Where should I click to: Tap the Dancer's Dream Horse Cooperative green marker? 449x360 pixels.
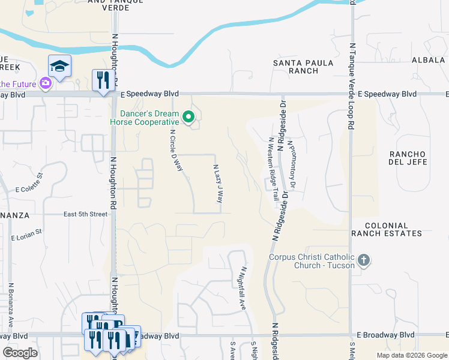click(x=190, y=117)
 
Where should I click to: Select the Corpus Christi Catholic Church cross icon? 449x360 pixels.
click(x=363, y=260)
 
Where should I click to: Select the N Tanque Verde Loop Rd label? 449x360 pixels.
click(x=352, y=85)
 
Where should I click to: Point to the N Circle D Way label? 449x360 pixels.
click(x=175, y=151)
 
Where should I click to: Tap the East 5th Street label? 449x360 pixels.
click(x=86, y=214)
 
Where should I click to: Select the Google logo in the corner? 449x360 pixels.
click(x=20, y=352)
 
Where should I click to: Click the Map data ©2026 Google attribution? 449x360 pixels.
click(x=411, y=355)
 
